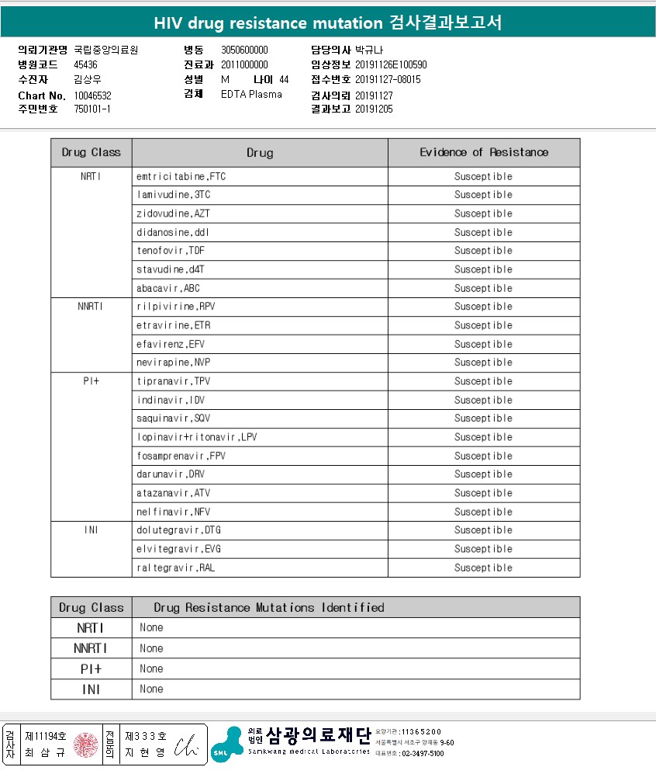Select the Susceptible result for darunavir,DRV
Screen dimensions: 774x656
pyautogui.click(x=483, y=474)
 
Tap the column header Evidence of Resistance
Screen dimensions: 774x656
pyautogui.click(x=484, y=152)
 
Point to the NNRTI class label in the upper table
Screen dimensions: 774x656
pyautogui.click(x=90, y=307)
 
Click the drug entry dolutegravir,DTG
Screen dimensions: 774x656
pyautogui.click(x=178, y=530)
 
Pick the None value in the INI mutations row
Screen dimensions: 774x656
pyautogui.click(x=151, y=689)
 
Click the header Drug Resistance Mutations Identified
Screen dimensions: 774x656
pyautogui.click(x=269, y=607)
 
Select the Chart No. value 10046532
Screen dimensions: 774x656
pyautogui.click(x=93, y=95)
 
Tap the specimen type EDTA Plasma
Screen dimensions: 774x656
pyautogui.click(x=251, y=95)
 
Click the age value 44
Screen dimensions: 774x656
pyautogui.click(x=284, y=80)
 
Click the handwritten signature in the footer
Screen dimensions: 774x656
pyautogui.click(x=186, y=745)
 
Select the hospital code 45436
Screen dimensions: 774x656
pyautogui.click(x=85, y=65)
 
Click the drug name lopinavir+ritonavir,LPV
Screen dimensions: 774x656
pyautogui.click(x=197, y=437)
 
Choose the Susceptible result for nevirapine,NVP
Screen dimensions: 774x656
pyautogui.click(x=483, y=363)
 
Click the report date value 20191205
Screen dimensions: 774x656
pyautogui.click(x=374, y=109)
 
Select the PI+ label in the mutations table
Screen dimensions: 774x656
pyautogui.click(x=91, y=668)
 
